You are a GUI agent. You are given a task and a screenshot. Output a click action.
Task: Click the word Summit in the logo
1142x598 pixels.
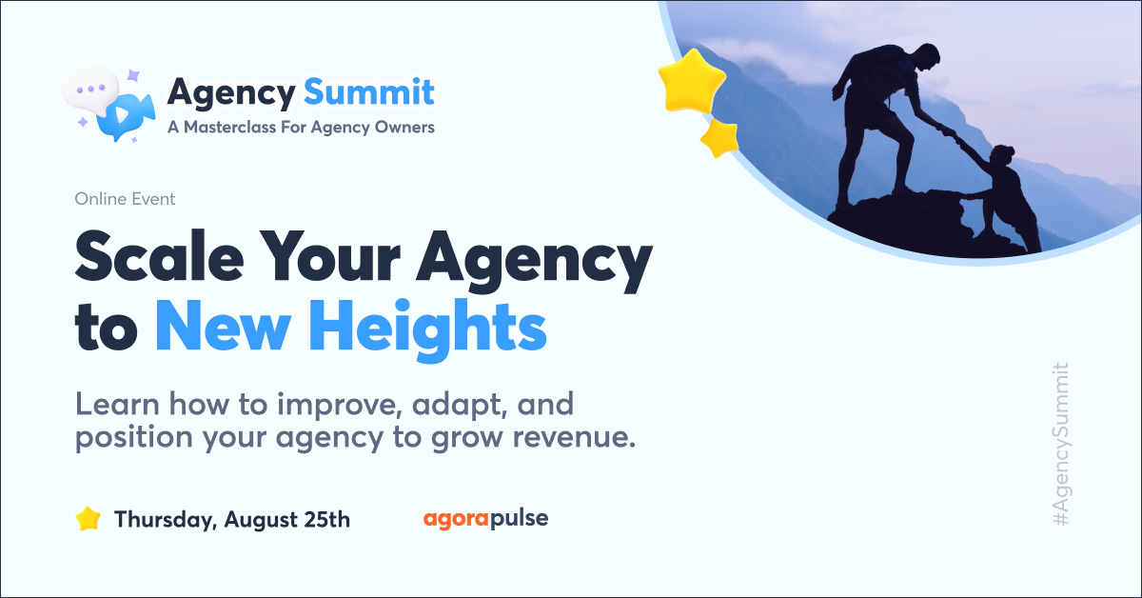[x=369, y=91]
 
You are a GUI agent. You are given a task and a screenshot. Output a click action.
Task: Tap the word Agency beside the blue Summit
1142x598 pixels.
[x=231, y=94]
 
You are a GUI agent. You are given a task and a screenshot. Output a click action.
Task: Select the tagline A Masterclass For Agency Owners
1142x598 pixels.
[x=301, y=127]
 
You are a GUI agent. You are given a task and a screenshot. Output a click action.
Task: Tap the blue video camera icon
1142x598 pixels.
[x=126, y=116]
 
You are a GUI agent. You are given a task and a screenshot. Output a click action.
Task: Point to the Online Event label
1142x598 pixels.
[x=125, y=198]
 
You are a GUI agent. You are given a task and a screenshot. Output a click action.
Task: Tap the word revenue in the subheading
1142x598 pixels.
[x=574, y=438]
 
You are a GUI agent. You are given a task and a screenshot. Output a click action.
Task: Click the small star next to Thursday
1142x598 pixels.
[x=88, y=519]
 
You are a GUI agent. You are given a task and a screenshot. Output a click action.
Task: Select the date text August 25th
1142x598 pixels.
[x=287, y=519]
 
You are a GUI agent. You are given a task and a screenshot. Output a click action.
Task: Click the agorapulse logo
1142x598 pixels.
[x=486, y=518]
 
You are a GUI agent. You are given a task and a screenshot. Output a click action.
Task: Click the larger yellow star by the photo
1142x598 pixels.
[x=692, y=80]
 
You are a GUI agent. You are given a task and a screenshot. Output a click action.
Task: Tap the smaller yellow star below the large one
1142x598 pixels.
[x=719, y=138]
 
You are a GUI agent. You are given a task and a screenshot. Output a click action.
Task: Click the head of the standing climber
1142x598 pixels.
[x=926, y=56]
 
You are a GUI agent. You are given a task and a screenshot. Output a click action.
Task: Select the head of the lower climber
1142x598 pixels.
[x=1002, y=158]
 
